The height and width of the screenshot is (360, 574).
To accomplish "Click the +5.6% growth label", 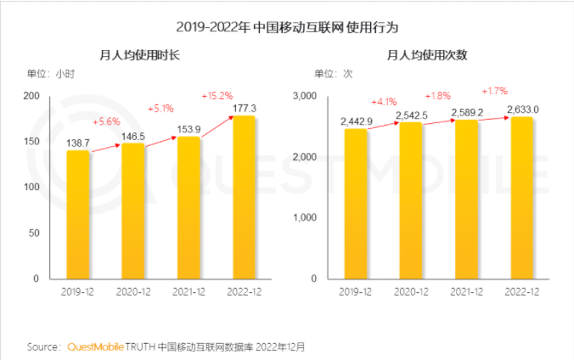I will (107, 121).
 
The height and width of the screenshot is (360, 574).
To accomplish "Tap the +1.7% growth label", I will (494, 90).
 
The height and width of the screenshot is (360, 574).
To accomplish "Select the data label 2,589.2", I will (466, 111).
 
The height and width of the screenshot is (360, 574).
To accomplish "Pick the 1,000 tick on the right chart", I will (304, 217).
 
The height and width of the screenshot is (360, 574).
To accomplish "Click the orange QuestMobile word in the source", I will (94, 346).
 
